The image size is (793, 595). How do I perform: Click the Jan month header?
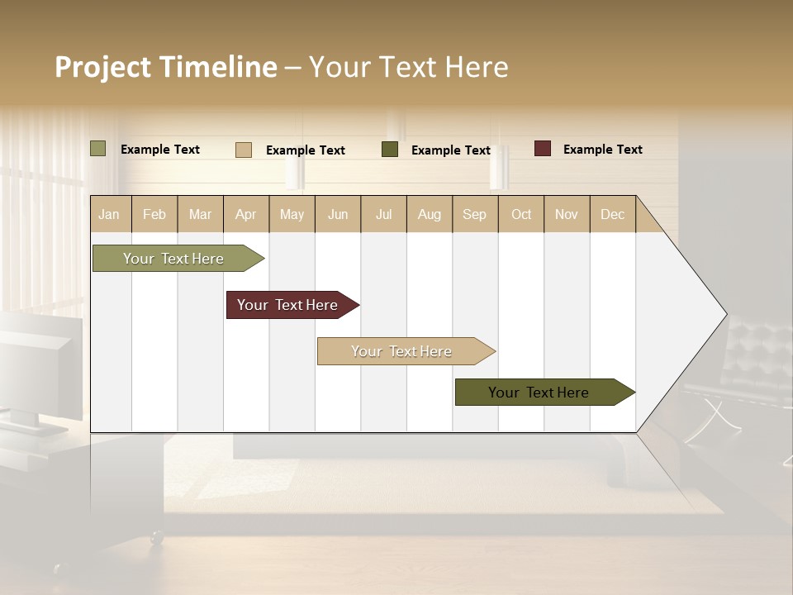click(x=110, y=214)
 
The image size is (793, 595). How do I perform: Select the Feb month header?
click(x=154, y=214)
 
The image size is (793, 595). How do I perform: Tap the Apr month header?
click(x=246, y=214)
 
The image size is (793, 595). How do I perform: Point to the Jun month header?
click(x=338, y=214)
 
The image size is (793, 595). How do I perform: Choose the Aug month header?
click(x=430, y=214)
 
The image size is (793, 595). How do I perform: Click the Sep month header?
click(x=475, y=214)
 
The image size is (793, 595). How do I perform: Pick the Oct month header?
click(x=521, y=214)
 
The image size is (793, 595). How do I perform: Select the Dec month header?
click(x=613, y=214)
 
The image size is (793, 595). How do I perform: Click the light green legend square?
click(x=98, y=149)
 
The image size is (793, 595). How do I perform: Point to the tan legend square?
click(x=244, y=150)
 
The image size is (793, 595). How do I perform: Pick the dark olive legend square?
click(x=390, y=150)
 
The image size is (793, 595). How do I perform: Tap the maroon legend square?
click(x=543, y=149)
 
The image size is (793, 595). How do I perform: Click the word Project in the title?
click(x=104, y=67)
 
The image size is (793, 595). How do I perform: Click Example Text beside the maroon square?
click(x=602, y=150)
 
